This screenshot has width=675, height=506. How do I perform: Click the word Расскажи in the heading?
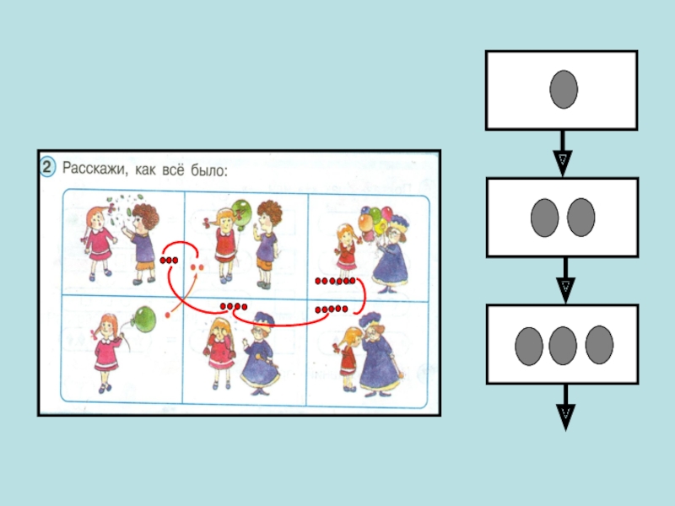coord(91,170)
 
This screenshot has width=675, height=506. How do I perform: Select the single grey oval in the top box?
coord(564,89)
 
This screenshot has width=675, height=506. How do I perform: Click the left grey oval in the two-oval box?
coord(544,218)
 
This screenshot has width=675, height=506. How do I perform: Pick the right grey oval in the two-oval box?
coord(581,218)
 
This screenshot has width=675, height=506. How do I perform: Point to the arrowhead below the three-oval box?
coord(564,413)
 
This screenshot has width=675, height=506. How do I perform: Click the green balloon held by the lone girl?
coord(147,320)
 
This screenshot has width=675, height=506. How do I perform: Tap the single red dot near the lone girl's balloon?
coord(169,315)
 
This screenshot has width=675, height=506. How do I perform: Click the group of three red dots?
coord(169,261)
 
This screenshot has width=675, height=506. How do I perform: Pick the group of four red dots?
coord(233,305)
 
